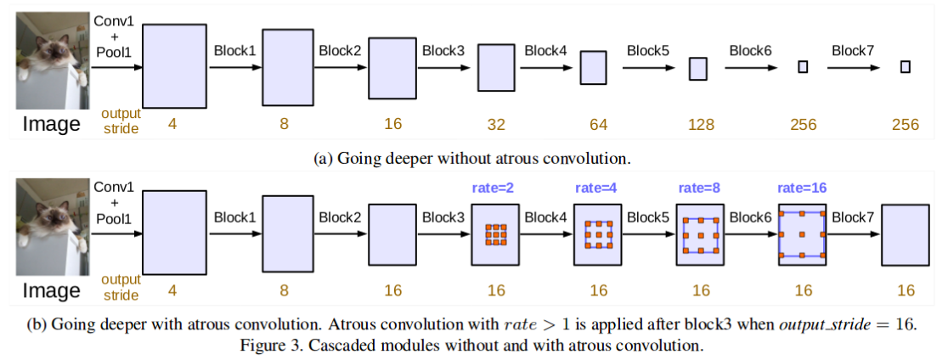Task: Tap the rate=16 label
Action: coord(802,188)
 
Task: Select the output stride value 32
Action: coord(496,125)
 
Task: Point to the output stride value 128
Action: coord(700,125)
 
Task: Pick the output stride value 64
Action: coord(598,125)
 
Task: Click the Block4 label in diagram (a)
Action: coord(545,50)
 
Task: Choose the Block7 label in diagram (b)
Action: coord(853,217)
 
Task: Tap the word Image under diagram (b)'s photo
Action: coord(52,290)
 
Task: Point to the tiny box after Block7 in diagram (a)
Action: coord(906,67)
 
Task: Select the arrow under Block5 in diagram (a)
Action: coord(648,68)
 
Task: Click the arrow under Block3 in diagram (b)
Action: coord(443,235)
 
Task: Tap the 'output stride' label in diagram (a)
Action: coord(120,120)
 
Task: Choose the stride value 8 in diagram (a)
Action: coord(284,125)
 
